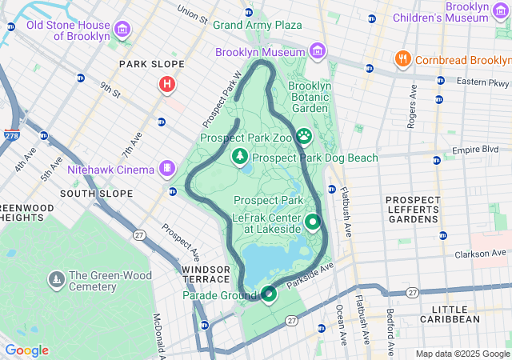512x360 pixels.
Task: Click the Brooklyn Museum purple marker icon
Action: click(x=318, y=52)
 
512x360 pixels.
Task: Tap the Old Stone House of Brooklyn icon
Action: click(x=122, y=30)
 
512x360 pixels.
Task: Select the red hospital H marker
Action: click(x=166, y=84)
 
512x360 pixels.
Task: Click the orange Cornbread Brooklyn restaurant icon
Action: click(x=402, y=60)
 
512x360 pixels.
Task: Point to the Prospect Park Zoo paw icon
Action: click(x=304, y=138)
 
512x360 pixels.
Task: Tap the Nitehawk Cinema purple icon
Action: click(x=166, y=169)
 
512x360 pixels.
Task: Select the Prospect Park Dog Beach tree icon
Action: click(x=238, y=158)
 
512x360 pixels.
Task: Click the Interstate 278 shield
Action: click(x=12, y=136)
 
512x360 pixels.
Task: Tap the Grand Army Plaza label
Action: click(x=257, y=26)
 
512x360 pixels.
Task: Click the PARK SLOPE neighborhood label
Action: click(x=151, y=64)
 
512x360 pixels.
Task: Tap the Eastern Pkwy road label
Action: click(x=483, y=82)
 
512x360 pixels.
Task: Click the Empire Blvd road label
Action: click(x=474, y=150)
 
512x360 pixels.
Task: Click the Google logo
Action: click(x=26, y=350)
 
